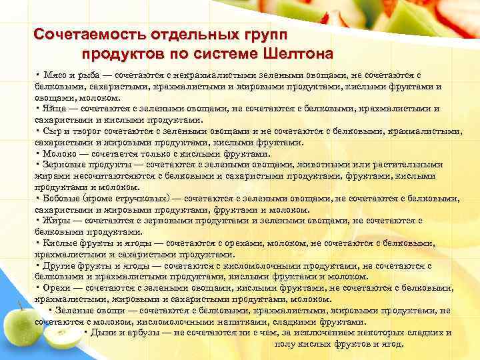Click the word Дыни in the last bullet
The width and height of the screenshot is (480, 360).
(x=102, y=333)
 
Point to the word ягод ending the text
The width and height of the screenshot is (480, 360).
(x=393, y=344)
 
